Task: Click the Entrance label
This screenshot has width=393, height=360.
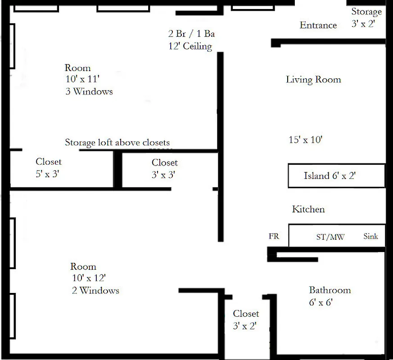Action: click(x=318, y=25)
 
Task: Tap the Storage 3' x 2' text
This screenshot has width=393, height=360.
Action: click(x=366, y=18)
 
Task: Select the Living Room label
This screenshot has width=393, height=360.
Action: click(x=313, y=80)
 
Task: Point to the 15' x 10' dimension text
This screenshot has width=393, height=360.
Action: click(x=305, y=140)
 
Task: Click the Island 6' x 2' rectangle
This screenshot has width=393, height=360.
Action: click(x=336, y=175)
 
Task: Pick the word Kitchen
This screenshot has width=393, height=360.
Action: click(x=308, y=209)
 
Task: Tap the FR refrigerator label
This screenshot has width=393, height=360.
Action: click(x=274, y=236)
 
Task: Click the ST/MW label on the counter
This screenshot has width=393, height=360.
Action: click(x=330, y=237)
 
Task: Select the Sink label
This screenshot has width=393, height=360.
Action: click(x=370, y=236)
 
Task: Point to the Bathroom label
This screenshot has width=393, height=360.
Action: click(x=330, y=290)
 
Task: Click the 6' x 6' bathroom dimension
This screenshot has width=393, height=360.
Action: click(x=320, y=302)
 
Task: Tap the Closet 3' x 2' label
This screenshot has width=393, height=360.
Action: click(x=245, y=319)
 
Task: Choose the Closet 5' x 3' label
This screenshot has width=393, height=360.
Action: click(x=48, y=167)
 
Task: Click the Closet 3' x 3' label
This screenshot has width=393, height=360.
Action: click(x=164, y=168)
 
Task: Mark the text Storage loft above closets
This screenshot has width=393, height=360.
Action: click(x=117, y=143)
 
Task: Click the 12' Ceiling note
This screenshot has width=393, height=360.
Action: click(x=190, y=46)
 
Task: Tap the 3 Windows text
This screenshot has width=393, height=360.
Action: click(x=89, y=91)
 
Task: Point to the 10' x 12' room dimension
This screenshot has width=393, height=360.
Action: click(x=88, y=278)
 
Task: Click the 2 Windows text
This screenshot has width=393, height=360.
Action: click(x=95, y=290)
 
